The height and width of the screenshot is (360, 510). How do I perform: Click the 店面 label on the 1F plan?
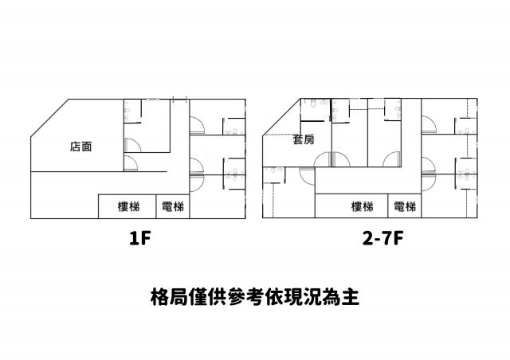point(80,147)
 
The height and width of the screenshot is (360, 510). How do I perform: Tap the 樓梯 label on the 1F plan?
point(128,206)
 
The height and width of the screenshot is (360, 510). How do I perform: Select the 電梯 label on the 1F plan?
point(172,206)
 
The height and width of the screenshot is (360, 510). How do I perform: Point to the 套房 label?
point(304,140)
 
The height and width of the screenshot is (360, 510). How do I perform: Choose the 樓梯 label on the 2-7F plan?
point(362,206)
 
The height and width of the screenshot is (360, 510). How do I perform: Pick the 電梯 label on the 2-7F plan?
point(405,206)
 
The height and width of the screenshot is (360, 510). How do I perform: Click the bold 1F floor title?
point(140,239)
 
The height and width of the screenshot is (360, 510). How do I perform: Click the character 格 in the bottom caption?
point(160,296)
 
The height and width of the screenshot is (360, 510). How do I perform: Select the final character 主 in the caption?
point(351,296)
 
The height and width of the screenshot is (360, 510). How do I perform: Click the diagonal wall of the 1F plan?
point(49,118)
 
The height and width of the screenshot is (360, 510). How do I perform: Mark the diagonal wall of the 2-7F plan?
point(281,116)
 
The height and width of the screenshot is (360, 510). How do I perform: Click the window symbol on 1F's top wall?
point(152,99)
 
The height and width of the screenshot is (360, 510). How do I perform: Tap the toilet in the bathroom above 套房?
point(313,104)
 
